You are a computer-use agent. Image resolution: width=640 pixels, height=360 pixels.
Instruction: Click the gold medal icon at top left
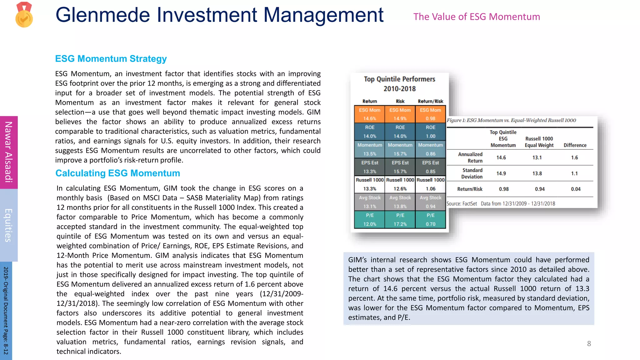24,15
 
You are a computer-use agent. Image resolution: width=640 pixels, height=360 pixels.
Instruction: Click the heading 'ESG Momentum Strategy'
111,59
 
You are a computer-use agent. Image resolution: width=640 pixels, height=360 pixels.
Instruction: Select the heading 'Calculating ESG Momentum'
118,173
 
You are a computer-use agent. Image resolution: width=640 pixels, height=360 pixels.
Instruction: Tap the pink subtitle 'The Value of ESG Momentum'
477,17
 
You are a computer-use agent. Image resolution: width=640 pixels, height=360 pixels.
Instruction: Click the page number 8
589,344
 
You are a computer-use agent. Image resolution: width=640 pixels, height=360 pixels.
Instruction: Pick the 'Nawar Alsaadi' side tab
9,152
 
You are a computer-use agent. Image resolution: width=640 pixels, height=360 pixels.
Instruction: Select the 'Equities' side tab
9,225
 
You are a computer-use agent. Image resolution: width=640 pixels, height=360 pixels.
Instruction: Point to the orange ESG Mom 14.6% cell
369,114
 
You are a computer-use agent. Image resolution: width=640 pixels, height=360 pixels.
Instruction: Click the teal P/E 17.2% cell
400,220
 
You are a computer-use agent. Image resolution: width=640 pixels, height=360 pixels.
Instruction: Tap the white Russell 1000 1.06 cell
430,184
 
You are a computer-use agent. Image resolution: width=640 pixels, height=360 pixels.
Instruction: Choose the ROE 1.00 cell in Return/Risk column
430,132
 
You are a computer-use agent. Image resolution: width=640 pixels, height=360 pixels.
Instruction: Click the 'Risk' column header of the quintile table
400,101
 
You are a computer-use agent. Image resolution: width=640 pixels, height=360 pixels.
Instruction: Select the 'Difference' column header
575,145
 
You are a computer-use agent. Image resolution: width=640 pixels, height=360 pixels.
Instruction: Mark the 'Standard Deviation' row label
472,173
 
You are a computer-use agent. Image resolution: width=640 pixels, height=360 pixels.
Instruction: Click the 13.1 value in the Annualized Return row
537,157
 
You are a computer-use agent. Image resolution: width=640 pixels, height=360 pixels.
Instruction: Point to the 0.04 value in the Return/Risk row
576,189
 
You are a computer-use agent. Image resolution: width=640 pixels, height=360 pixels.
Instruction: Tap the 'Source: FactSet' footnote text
462,204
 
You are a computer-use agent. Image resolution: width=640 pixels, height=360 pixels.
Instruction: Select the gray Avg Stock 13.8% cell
400,202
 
